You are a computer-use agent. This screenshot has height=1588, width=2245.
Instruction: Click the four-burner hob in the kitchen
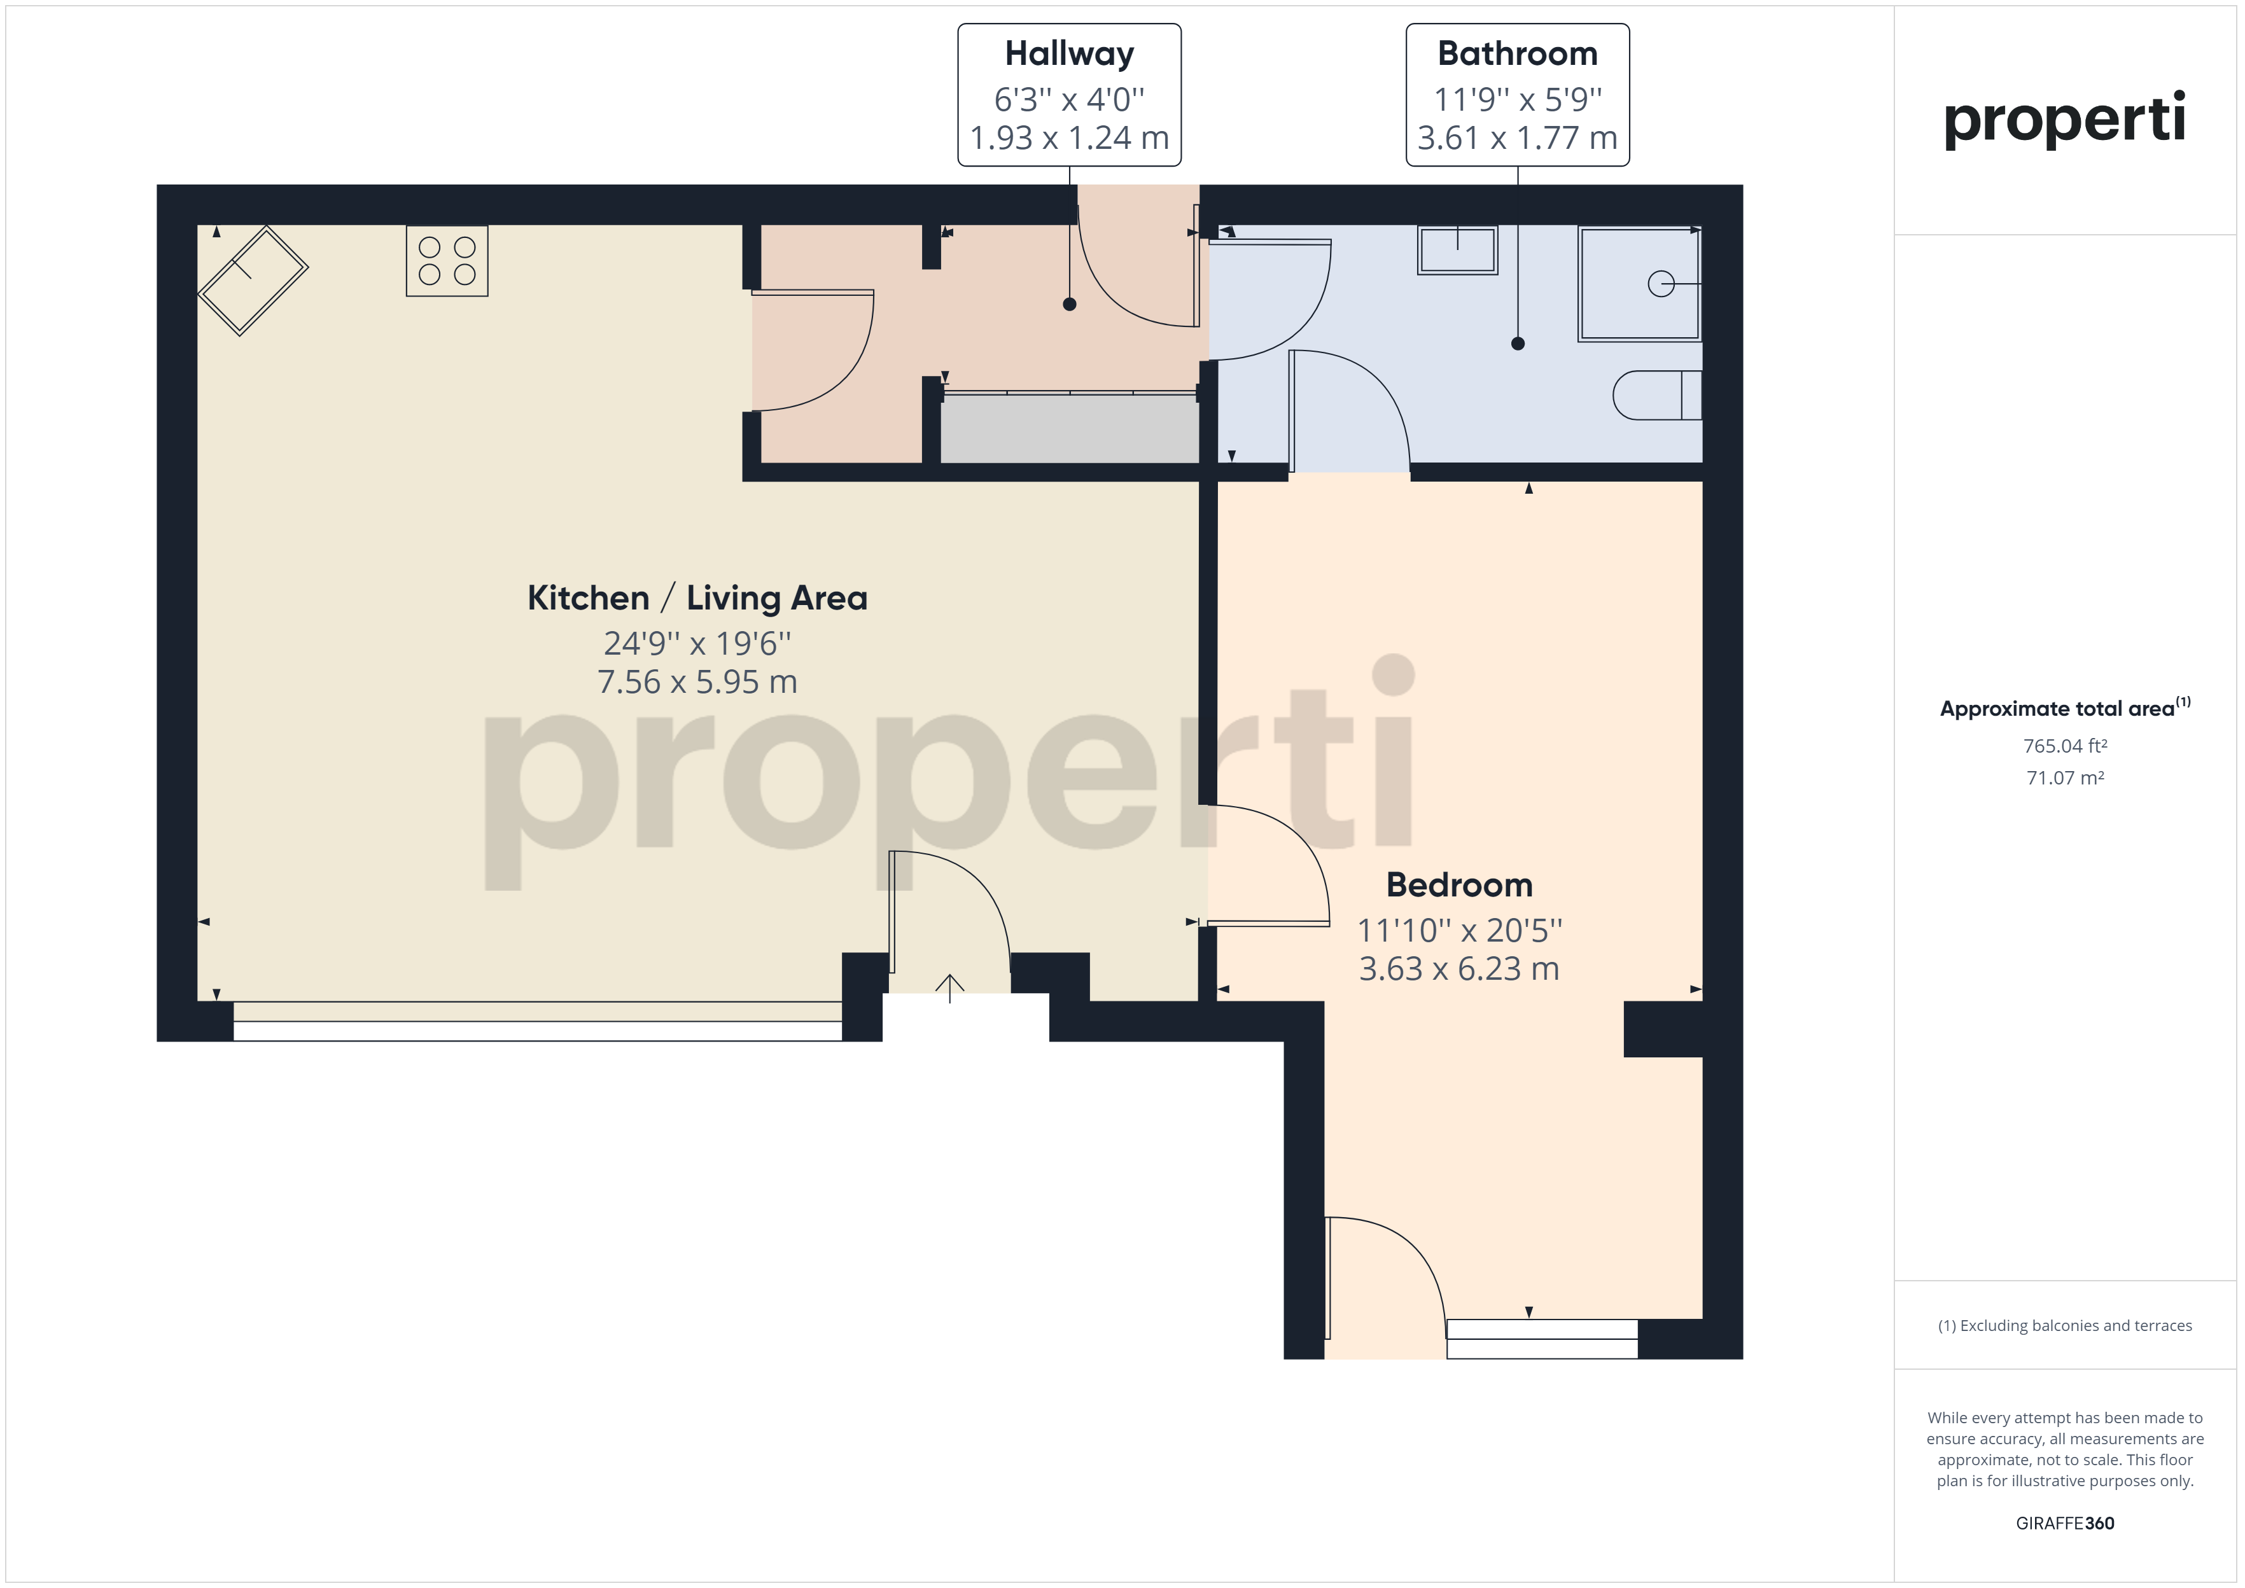447,261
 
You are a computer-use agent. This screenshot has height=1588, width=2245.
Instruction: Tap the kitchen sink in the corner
253,281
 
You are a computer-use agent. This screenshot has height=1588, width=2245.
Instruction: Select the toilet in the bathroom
1658,395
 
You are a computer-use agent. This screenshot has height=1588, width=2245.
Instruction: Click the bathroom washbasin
1458,250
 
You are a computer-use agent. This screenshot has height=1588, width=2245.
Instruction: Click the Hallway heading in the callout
1070,54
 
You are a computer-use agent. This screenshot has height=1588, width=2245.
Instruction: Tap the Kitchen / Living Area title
697,597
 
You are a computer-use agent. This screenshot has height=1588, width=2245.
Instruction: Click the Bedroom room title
1459,885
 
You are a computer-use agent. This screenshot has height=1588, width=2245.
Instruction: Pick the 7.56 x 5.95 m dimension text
697,681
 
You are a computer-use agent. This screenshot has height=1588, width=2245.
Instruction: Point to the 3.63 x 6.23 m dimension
1459,968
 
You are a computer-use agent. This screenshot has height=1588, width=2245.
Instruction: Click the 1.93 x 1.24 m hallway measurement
1070,138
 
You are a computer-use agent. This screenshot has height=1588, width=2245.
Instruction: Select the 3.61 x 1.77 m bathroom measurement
1518,138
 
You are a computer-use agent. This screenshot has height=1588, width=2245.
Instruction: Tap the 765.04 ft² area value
2065,746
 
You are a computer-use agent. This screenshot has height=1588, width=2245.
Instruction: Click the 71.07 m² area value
2065,778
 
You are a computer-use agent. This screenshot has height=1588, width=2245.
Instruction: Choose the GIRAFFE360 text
2065,1524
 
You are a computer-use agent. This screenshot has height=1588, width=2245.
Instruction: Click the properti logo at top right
2064,120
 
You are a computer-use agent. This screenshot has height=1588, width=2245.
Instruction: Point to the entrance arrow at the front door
949,989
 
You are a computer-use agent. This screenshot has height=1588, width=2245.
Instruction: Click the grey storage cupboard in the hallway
1070,428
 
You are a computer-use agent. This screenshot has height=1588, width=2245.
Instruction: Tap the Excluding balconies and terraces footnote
2065,1326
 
